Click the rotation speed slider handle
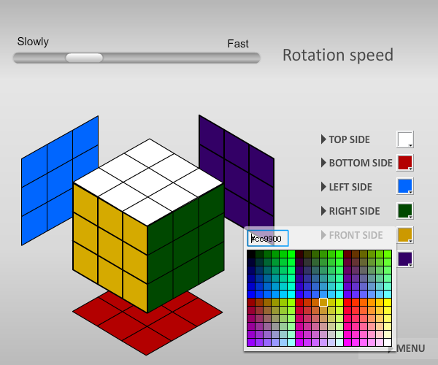point(84,58)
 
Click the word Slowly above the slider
point(33,42)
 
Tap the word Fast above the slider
point(238,44)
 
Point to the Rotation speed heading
point(338,55)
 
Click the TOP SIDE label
point(349,139)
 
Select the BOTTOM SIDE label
point(361,163)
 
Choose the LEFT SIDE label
point(350,187)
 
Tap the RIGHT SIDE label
point(355,211)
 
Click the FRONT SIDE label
point(356,235)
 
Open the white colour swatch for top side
point(404,139)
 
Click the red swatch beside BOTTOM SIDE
point(404,163)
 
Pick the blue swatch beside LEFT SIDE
point(404,186)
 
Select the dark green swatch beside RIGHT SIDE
point(404,210)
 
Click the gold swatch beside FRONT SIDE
point(404,234)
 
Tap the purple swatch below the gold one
point(404,259)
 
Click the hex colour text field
point(268,238)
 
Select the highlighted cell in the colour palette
point(323,302)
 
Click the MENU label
point(410,348)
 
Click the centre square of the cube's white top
point(148,182)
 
